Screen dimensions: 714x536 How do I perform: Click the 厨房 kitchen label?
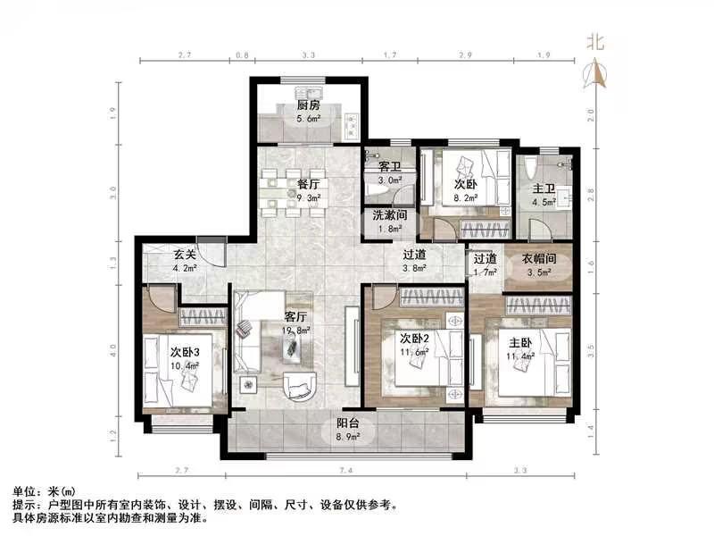pos(308,105)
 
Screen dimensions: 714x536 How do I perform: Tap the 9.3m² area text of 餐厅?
pos(308,198)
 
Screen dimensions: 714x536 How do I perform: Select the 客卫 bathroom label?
pos(390,167)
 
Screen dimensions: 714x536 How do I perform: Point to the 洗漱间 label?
pos(390,215)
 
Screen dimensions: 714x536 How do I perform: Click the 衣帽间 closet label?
pos(539,259)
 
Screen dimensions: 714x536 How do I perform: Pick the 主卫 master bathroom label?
pos(544,188)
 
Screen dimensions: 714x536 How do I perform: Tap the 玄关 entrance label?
pos(185,255)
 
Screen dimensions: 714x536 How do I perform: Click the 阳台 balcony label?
pos(348,423)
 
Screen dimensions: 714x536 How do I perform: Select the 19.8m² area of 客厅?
pos(295,331)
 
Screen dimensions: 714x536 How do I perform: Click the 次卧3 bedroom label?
pos(185,352)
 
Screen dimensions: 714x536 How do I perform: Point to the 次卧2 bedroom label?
pos(414,339)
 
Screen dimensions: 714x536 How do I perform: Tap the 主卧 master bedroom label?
pos(520,342)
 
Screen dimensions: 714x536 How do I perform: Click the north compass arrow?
pos(595,73)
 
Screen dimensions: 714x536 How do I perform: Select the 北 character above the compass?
pos(595,42)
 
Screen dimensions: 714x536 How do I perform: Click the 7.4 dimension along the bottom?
pos(346,470)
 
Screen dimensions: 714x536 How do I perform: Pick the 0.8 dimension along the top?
pos(242,55)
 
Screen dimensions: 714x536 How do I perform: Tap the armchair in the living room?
pos(300,386)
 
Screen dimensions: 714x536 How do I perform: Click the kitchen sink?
pos(308,93)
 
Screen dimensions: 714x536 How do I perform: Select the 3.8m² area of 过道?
pos(414,268)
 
